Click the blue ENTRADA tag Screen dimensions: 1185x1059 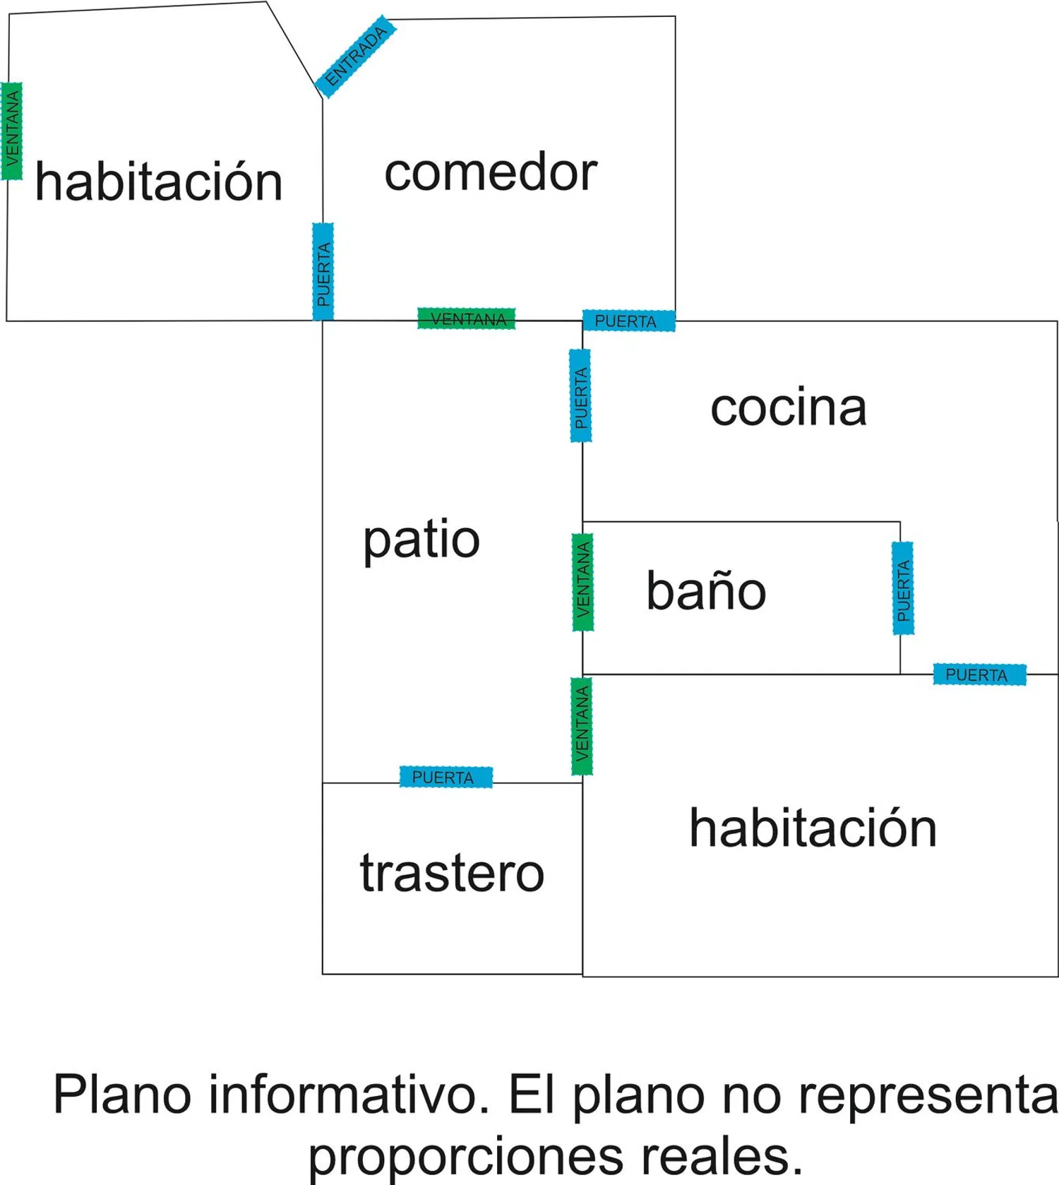(355, 56)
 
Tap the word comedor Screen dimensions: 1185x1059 (491, 172)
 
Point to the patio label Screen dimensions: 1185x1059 (421, 540)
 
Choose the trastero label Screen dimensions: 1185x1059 (452, 873)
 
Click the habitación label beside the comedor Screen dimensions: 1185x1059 (159, 181)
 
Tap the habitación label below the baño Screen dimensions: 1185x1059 (813, 828)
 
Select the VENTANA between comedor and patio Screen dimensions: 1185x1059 (467, 319)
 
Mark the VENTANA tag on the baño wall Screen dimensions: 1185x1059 (582, 582)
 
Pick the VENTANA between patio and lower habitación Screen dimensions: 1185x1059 (582, 726)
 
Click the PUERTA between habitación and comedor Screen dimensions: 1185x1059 (323, 272)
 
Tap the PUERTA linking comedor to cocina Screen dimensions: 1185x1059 (628, 321)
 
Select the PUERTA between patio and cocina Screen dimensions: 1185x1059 (580, 395)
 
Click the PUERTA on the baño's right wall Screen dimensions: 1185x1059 (903, 588)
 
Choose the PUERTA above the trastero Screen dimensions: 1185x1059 (445, 777)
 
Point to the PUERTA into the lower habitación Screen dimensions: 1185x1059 (979, 674)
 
